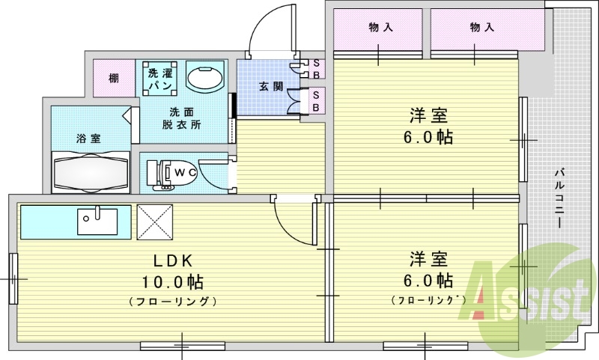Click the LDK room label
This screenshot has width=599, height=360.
[173, 260]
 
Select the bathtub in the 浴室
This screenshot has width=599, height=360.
[91, 172]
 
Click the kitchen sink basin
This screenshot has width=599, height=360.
[97, 222]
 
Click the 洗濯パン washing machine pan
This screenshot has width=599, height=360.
[160, 79]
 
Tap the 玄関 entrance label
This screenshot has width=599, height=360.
[271, 87]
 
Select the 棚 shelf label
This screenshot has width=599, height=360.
[114, 79]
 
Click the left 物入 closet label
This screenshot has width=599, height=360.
[381, 27]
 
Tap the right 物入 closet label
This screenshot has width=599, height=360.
[482, 27]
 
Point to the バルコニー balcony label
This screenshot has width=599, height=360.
[559, 198]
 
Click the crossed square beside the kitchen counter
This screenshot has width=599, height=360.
[155, 222]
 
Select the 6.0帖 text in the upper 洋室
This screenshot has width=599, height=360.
[428, 137]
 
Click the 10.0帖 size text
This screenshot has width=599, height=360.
[173, 282]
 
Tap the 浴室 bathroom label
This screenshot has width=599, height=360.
[88, 138]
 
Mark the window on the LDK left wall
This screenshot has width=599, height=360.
[13, 278]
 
